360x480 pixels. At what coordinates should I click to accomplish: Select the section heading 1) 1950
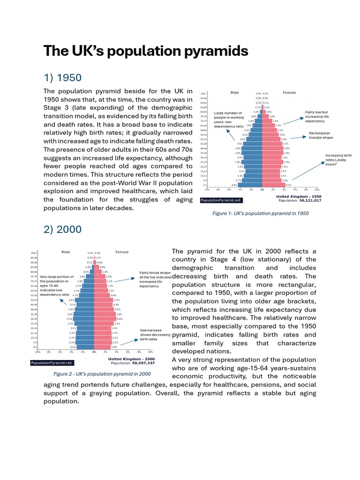62,77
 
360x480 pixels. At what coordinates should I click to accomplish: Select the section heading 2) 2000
62,229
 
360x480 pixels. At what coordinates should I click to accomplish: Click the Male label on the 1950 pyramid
234,93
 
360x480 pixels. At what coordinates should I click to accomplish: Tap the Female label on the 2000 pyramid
122,252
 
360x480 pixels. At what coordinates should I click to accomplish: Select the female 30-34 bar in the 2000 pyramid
105,319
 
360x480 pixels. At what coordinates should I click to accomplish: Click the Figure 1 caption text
261,213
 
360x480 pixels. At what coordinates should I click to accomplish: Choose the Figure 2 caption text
102,374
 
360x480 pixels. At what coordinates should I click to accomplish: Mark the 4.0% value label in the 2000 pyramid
120,319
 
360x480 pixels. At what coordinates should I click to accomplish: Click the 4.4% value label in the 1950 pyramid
234,185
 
